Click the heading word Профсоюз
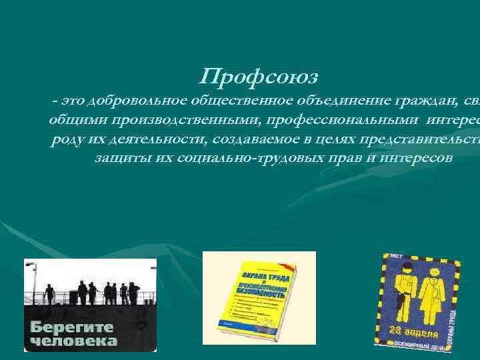click(247, 77)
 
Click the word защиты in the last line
click(119, 159)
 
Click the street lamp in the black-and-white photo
click(30, 266)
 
